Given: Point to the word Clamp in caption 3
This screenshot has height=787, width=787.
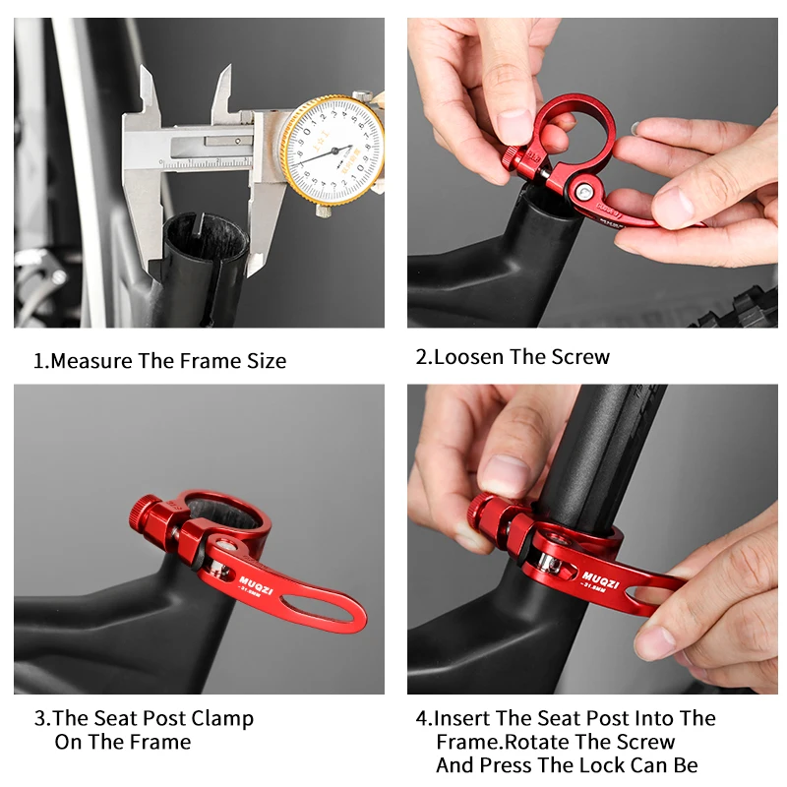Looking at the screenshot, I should click(x=216, y=718).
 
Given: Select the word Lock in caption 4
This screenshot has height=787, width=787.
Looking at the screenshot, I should click(x=595, y=765).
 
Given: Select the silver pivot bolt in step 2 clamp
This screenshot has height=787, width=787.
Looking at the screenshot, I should click(x=587, y=185).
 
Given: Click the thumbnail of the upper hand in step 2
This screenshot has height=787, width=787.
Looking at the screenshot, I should click(x=515, y=125).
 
